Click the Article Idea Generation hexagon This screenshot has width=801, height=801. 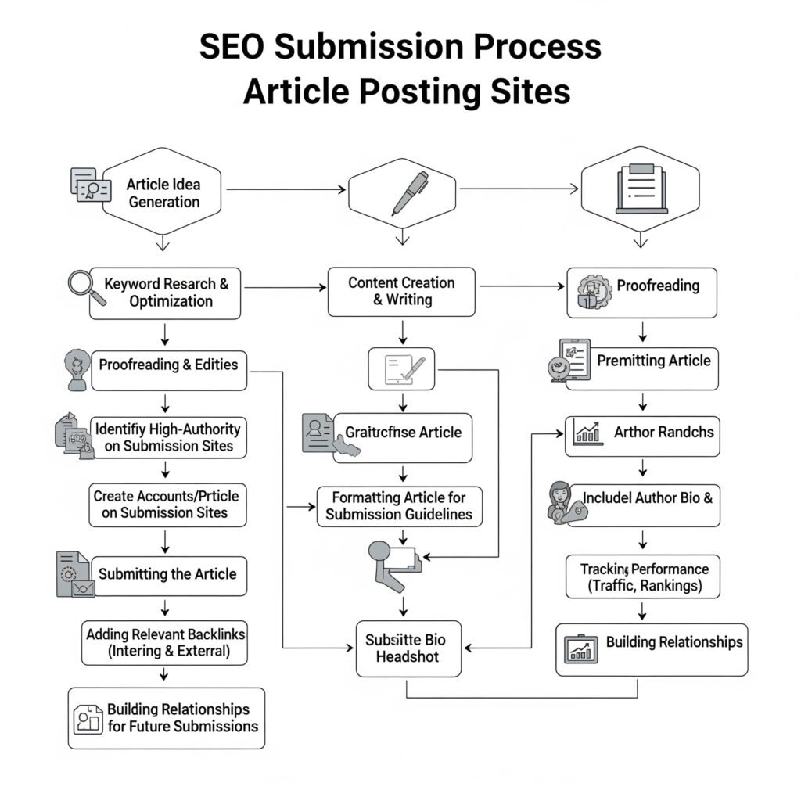tap(163, 192)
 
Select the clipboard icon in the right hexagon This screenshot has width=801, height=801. tap(641, 189)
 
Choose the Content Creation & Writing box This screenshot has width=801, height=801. tap(401, 292)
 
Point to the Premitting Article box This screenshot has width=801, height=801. tap(642, 368)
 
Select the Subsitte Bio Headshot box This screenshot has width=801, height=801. tap(408, 648)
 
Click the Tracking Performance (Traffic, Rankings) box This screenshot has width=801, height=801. tap(643, 577)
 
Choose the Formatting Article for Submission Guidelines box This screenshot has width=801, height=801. tap(399, 506)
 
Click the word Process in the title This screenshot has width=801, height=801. tap(520, 47)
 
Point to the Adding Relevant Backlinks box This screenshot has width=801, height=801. tap(165, 642)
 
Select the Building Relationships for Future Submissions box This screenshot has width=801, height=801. tap(167, 717)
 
